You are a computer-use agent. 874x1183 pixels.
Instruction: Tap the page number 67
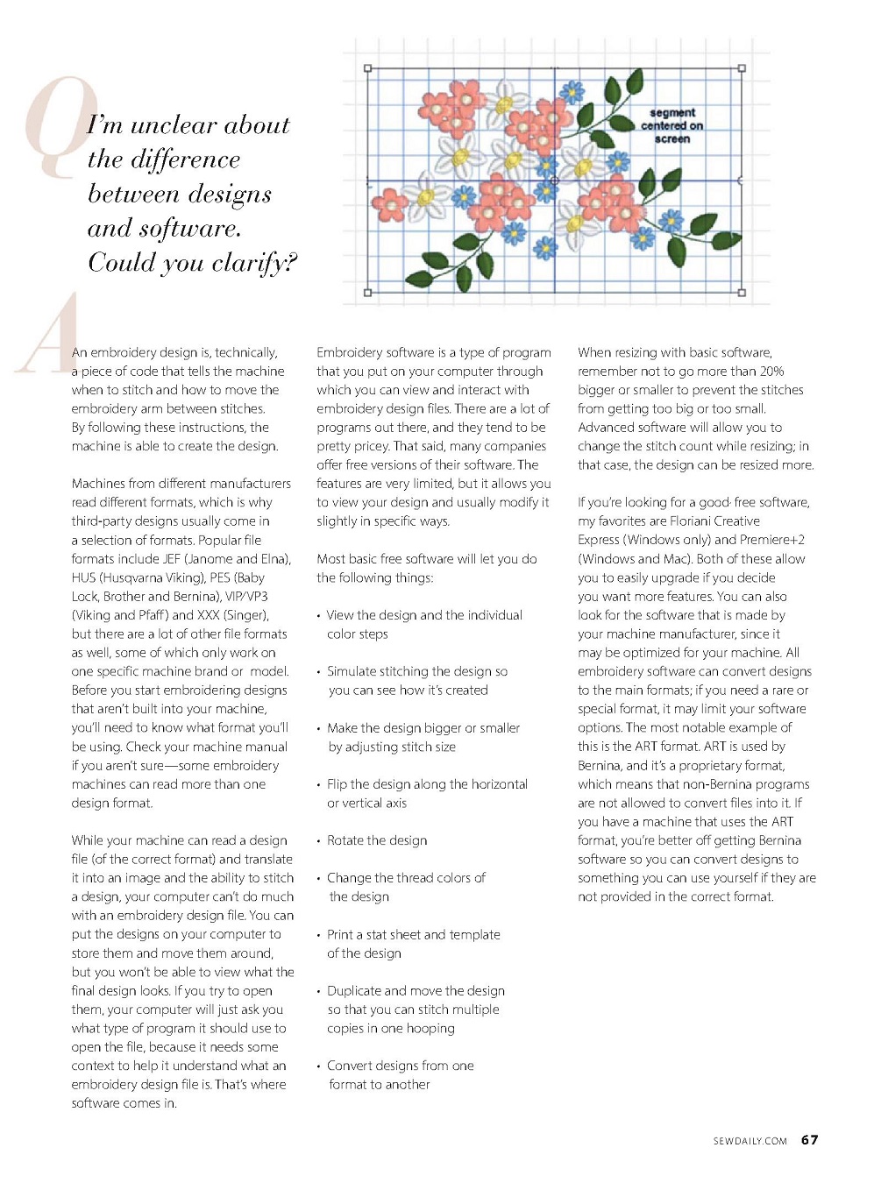coord(809,1139)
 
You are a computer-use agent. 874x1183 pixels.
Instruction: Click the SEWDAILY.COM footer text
coord(750,1141)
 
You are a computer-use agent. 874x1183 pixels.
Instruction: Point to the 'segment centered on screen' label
coord(671,125)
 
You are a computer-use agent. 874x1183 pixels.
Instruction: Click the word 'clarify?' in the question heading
coord(254,262)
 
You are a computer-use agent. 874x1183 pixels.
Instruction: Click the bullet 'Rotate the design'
coord(377,840)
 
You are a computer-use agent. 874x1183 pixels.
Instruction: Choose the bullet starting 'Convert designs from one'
coord(400,1066)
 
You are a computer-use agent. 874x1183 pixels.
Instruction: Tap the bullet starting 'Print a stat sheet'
coord(413,935)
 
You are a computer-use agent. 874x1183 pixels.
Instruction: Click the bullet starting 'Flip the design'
coord(427,784)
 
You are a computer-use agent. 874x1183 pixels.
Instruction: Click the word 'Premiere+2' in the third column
coord(772,540)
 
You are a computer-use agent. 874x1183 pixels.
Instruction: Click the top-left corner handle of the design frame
coord(368,67)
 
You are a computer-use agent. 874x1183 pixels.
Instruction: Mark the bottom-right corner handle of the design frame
coord(741,293)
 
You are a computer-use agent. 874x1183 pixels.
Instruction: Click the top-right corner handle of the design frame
coord(742,67)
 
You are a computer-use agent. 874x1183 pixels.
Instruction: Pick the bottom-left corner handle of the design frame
coord(368,293)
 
